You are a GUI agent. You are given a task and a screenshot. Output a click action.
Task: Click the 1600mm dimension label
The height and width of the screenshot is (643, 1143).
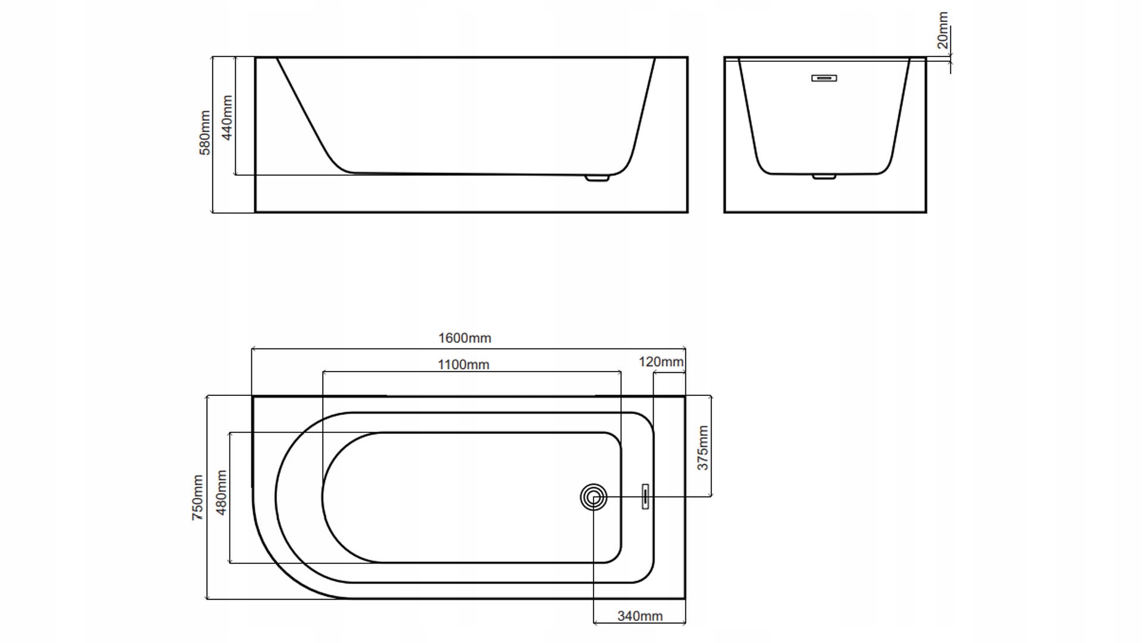coord(464,338)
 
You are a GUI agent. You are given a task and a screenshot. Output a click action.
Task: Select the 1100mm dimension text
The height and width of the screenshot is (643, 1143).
coord(463,364)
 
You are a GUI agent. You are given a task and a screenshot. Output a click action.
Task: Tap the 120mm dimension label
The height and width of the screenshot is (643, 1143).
coord(661,362)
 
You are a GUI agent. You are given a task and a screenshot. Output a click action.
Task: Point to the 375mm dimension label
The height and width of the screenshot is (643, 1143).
coord(703,448)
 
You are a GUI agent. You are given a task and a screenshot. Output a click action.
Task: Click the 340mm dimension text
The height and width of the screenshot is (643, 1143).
coord(640,616)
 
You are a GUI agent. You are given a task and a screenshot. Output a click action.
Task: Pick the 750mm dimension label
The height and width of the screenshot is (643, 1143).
coord(198,498)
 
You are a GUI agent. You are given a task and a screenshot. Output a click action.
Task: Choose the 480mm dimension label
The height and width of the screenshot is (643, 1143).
coord(221,492)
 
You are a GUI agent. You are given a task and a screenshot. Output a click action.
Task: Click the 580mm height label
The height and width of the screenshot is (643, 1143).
coord(205,133)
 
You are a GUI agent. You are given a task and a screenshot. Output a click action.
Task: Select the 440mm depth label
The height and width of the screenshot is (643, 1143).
coord(227,118)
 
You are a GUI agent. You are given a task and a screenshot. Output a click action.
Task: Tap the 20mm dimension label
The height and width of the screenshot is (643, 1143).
coord(942,30)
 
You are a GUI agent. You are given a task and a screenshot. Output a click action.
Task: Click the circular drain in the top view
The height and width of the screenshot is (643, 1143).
coord(594,497)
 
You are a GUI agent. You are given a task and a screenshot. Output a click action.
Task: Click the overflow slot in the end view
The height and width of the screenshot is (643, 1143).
coord(825,78)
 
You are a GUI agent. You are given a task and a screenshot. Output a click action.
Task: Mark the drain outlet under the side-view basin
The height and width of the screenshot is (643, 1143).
coord(597,177)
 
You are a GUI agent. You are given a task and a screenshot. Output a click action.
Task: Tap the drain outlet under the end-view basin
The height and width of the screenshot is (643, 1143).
coord(825,176)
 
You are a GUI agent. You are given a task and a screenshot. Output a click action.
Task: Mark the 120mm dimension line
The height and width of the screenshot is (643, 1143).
coord(669,373)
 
